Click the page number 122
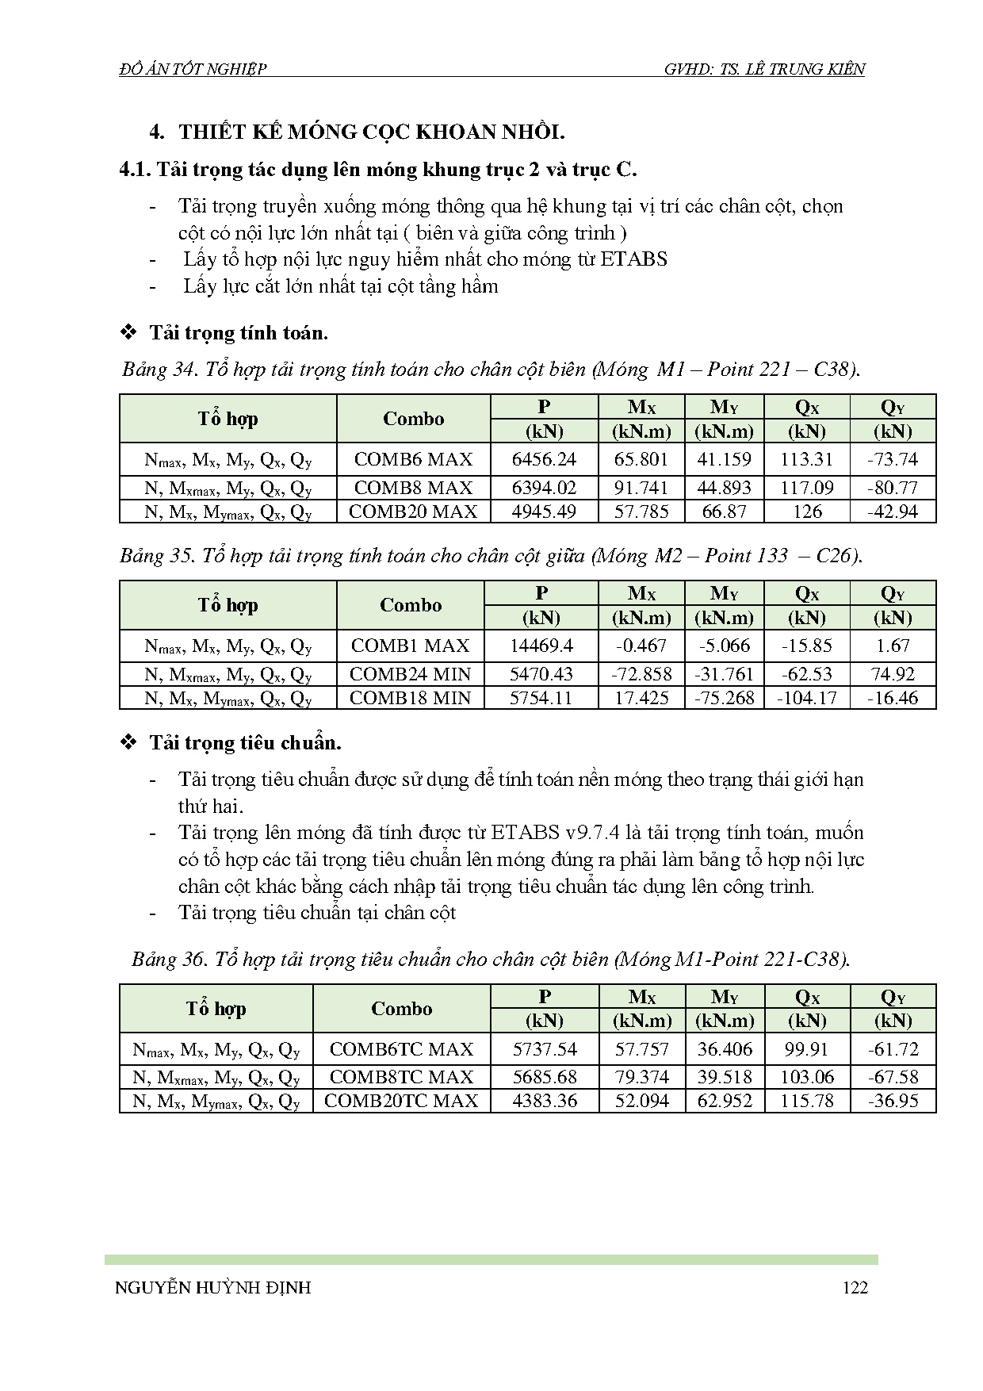point(855,1287)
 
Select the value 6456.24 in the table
point(544,459)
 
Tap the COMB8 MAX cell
point(413,488)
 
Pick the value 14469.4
point(541,646)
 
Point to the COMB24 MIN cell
point(410,674)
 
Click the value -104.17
point(806,698)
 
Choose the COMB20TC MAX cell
point(401,1101)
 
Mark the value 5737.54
point(545,1049)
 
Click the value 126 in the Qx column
point(807,512)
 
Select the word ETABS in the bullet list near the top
point(633,259)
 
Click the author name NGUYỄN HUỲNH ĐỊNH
point(213,1287)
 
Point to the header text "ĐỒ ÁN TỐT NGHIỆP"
point(193,69)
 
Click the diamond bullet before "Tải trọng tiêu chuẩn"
point(128,743)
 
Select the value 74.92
point(893,674)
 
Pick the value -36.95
point(893,1101)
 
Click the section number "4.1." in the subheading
point(134,170)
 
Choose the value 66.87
point(725,512)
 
